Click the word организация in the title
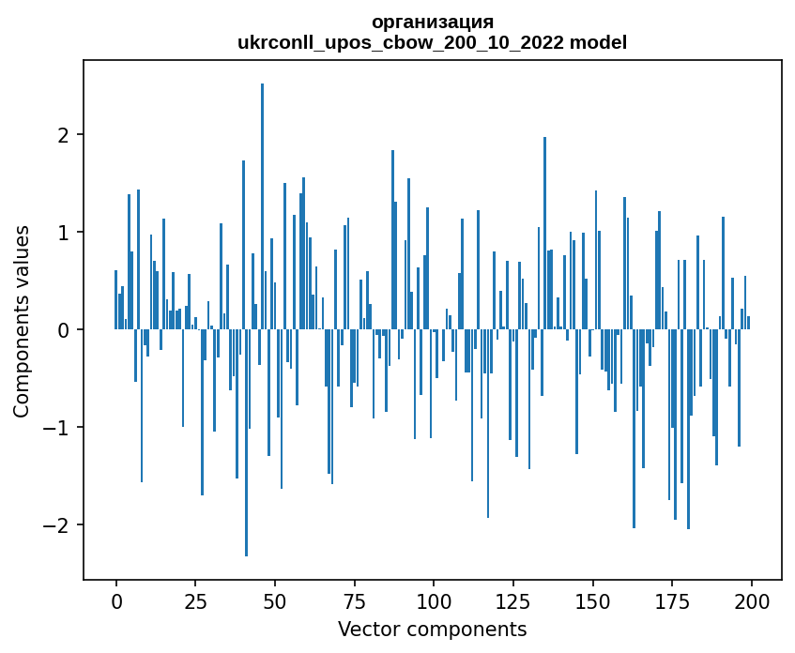click(432, 22)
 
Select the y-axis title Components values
click(21, 321)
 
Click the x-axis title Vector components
click(432, 629)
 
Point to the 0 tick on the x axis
click(116, 600)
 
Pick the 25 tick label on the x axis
click(195, 600)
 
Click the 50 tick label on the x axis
click(275, 600)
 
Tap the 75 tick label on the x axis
click(354, 600)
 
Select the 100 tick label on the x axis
click(434, 600)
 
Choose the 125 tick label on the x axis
click(513, 600)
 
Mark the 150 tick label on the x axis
click(592, 600)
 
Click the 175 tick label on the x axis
click(672, 600)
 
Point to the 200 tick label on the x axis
click(751, 600)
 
